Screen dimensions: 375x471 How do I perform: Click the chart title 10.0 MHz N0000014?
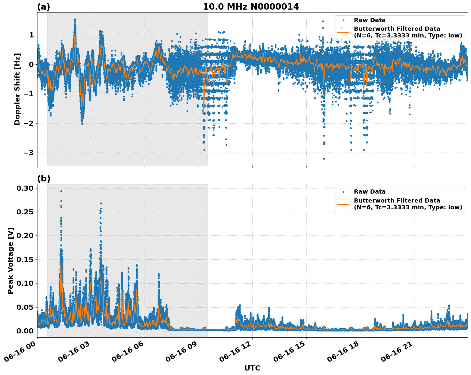251,7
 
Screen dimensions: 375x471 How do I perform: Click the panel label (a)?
44,7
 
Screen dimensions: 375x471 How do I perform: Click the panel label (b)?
44,179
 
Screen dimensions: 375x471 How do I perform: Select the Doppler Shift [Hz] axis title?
17,89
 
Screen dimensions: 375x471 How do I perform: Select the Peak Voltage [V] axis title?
11,260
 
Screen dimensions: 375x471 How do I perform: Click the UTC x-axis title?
252,368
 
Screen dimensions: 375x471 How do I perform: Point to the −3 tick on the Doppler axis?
28,153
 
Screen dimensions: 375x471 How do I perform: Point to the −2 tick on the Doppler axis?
28,123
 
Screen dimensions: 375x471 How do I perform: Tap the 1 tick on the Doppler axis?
31,35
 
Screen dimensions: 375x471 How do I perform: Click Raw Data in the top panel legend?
370,20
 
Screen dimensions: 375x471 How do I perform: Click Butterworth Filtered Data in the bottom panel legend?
397,201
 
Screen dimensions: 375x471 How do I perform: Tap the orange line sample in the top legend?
343,32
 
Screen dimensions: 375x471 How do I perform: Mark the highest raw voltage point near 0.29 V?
61,191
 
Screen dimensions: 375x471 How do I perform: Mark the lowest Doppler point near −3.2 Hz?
324,159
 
